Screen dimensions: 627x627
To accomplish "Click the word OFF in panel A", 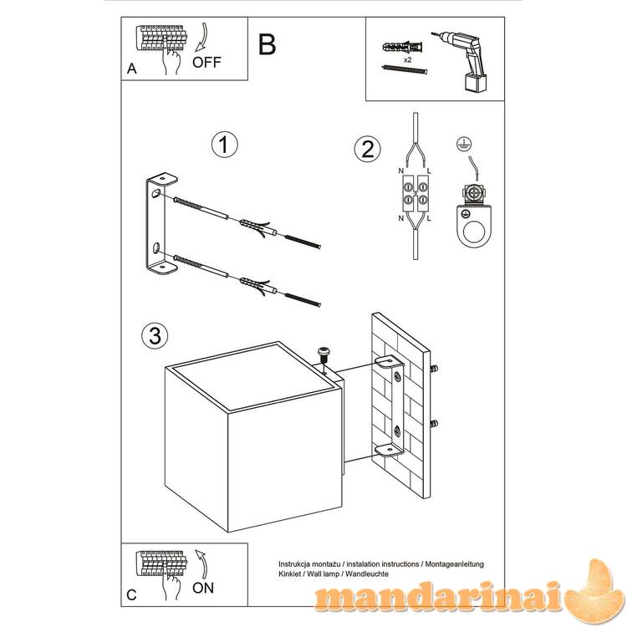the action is click(206, 63).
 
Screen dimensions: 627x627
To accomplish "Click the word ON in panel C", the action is click(203, 588).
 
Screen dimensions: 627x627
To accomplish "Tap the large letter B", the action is click(268, 44).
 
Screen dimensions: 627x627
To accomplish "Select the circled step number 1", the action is click(224, 145).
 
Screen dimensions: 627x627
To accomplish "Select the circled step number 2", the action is click(368, 149).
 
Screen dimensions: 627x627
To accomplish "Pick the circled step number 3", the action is click(155, 335).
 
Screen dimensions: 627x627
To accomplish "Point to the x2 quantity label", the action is click(407, 60).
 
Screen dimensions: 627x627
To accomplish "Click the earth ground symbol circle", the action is click(464, 144).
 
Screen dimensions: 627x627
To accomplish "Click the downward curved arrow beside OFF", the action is click(202, 38).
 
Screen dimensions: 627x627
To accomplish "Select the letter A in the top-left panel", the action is click(131, 69).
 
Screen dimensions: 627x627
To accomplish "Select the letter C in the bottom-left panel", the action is click(131, 595).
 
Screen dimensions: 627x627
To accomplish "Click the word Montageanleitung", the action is click(454, 564).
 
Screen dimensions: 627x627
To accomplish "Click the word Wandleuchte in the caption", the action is click(367, 573).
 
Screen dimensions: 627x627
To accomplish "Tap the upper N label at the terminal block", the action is click(400, 171).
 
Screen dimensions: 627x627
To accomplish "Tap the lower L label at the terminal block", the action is click(429, 218).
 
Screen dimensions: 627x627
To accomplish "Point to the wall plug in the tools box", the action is click(402, 48).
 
